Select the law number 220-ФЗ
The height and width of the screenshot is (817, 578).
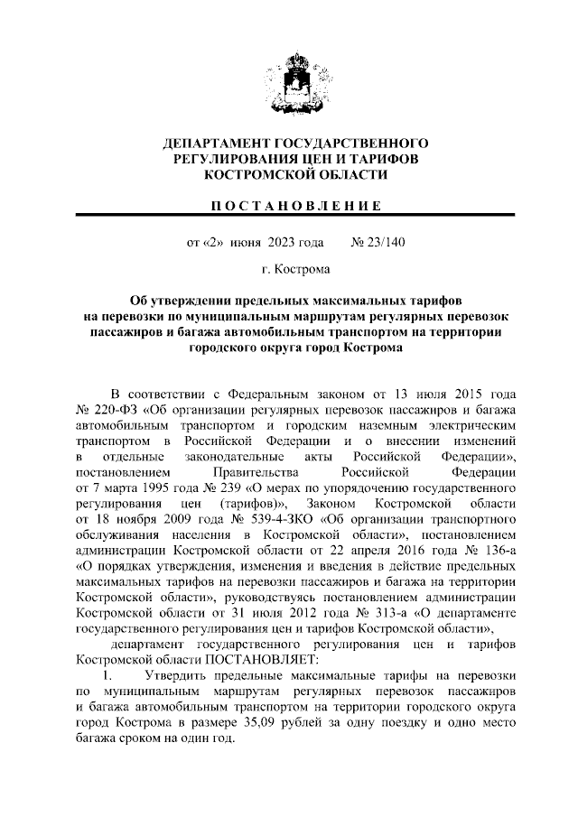click(110, 411)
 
